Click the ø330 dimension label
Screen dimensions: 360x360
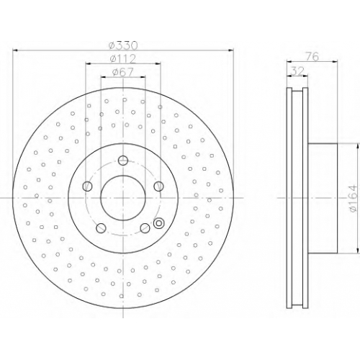click(x=123, y=45)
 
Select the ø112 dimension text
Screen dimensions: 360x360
click(x=123, y=59)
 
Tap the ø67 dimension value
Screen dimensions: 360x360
click(x=122, y=72)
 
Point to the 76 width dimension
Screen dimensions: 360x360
click(x=312, y=57)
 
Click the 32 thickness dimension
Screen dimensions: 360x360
click(x=297, y=71)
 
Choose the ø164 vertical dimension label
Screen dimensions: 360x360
click(x=353, y=198)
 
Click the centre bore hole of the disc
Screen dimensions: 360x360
click(x=123, y=198)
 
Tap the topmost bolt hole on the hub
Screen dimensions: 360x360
click(x=123, y=161)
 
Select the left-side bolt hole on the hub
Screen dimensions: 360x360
click(x=87, y=186)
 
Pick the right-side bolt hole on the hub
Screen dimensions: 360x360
click(x=158, y=186)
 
